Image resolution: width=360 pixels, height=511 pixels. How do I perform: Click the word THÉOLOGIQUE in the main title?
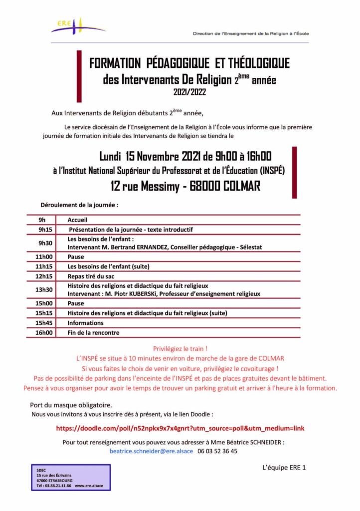click(x=258, y=63)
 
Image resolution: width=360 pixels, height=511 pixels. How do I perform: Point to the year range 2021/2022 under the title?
click(x=189, y=92)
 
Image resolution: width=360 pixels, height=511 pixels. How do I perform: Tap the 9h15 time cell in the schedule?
click(x=42, y=230)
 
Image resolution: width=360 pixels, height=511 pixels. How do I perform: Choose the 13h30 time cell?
click(x=42, y=289)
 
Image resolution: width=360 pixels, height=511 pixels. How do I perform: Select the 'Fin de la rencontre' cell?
click(x=93, y=332)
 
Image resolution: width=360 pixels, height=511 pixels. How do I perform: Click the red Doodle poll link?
click(x=180, y=428)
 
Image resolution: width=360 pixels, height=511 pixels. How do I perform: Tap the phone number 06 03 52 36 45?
click(x=217, y=451)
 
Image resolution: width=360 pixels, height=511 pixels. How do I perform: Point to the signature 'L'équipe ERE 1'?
click(x=283, y=468)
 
